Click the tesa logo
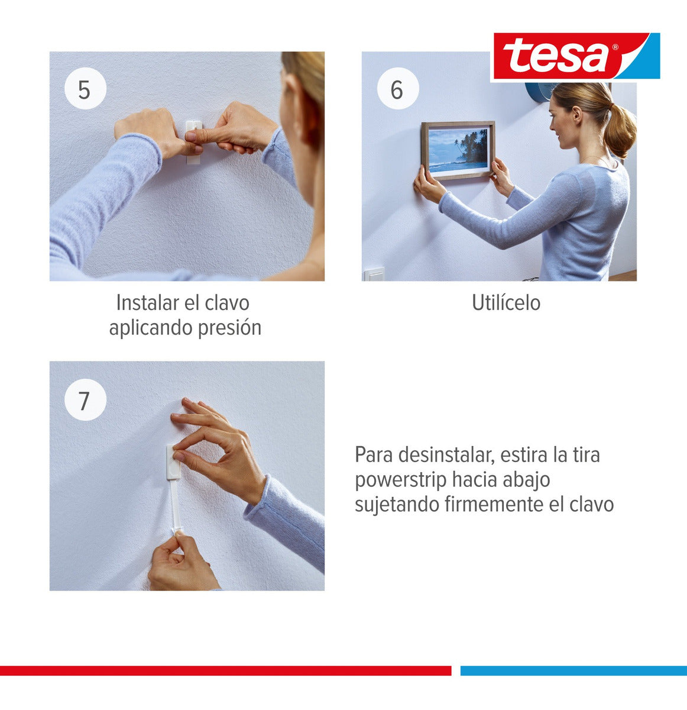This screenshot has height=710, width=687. coord(576,56)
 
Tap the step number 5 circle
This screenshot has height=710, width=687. coord(85,88)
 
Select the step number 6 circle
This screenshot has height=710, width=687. coord(398,88)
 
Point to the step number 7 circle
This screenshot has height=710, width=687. coord(85,399)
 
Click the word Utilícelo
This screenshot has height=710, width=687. coord(506,303)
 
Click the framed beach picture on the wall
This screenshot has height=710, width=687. coord(458,150)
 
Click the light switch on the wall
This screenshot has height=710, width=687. coord(374,274)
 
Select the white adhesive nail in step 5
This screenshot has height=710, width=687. coord(194,142)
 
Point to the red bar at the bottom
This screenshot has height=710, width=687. coord(226,670)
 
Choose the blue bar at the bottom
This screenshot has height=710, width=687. coord(573,670)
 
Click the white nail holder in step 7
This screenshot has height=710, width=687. coord(173,461)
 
